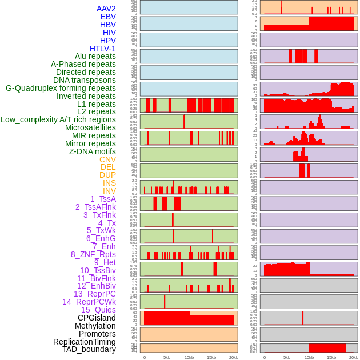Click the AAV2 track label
pos(106,9)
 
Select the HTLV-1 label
pos(102,49)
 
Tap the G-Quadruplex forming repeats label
pos(61,88)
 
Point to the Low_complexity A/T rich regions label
pos(58,119)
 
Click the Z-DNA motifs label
pos(92,151)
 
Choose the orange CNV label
pos(107,159)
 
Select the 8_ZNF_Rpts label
pos(93,254)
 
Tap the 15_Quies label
pos(98,310)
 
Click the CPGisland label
pos(97,318)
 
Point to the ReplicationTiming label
pos(84,342)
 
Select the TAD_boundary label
pos(89,349)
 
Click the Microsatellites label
pos(90,127)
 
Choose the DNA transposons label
pos(85,80)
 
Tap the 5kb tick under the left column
pos(167,357)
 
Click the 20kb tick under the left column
pos(234,357)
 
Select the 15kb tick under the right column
pos(331,357)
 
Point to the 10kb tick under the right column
pos(309,357)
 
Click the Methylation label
pos(95,326)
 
